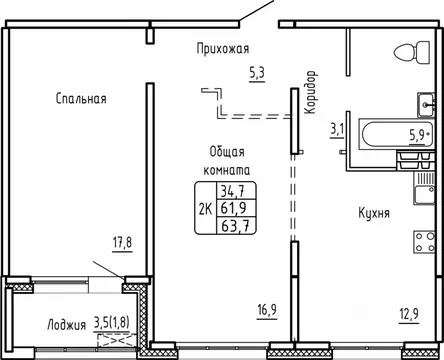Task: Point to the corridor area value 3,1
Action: point(336,127)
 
